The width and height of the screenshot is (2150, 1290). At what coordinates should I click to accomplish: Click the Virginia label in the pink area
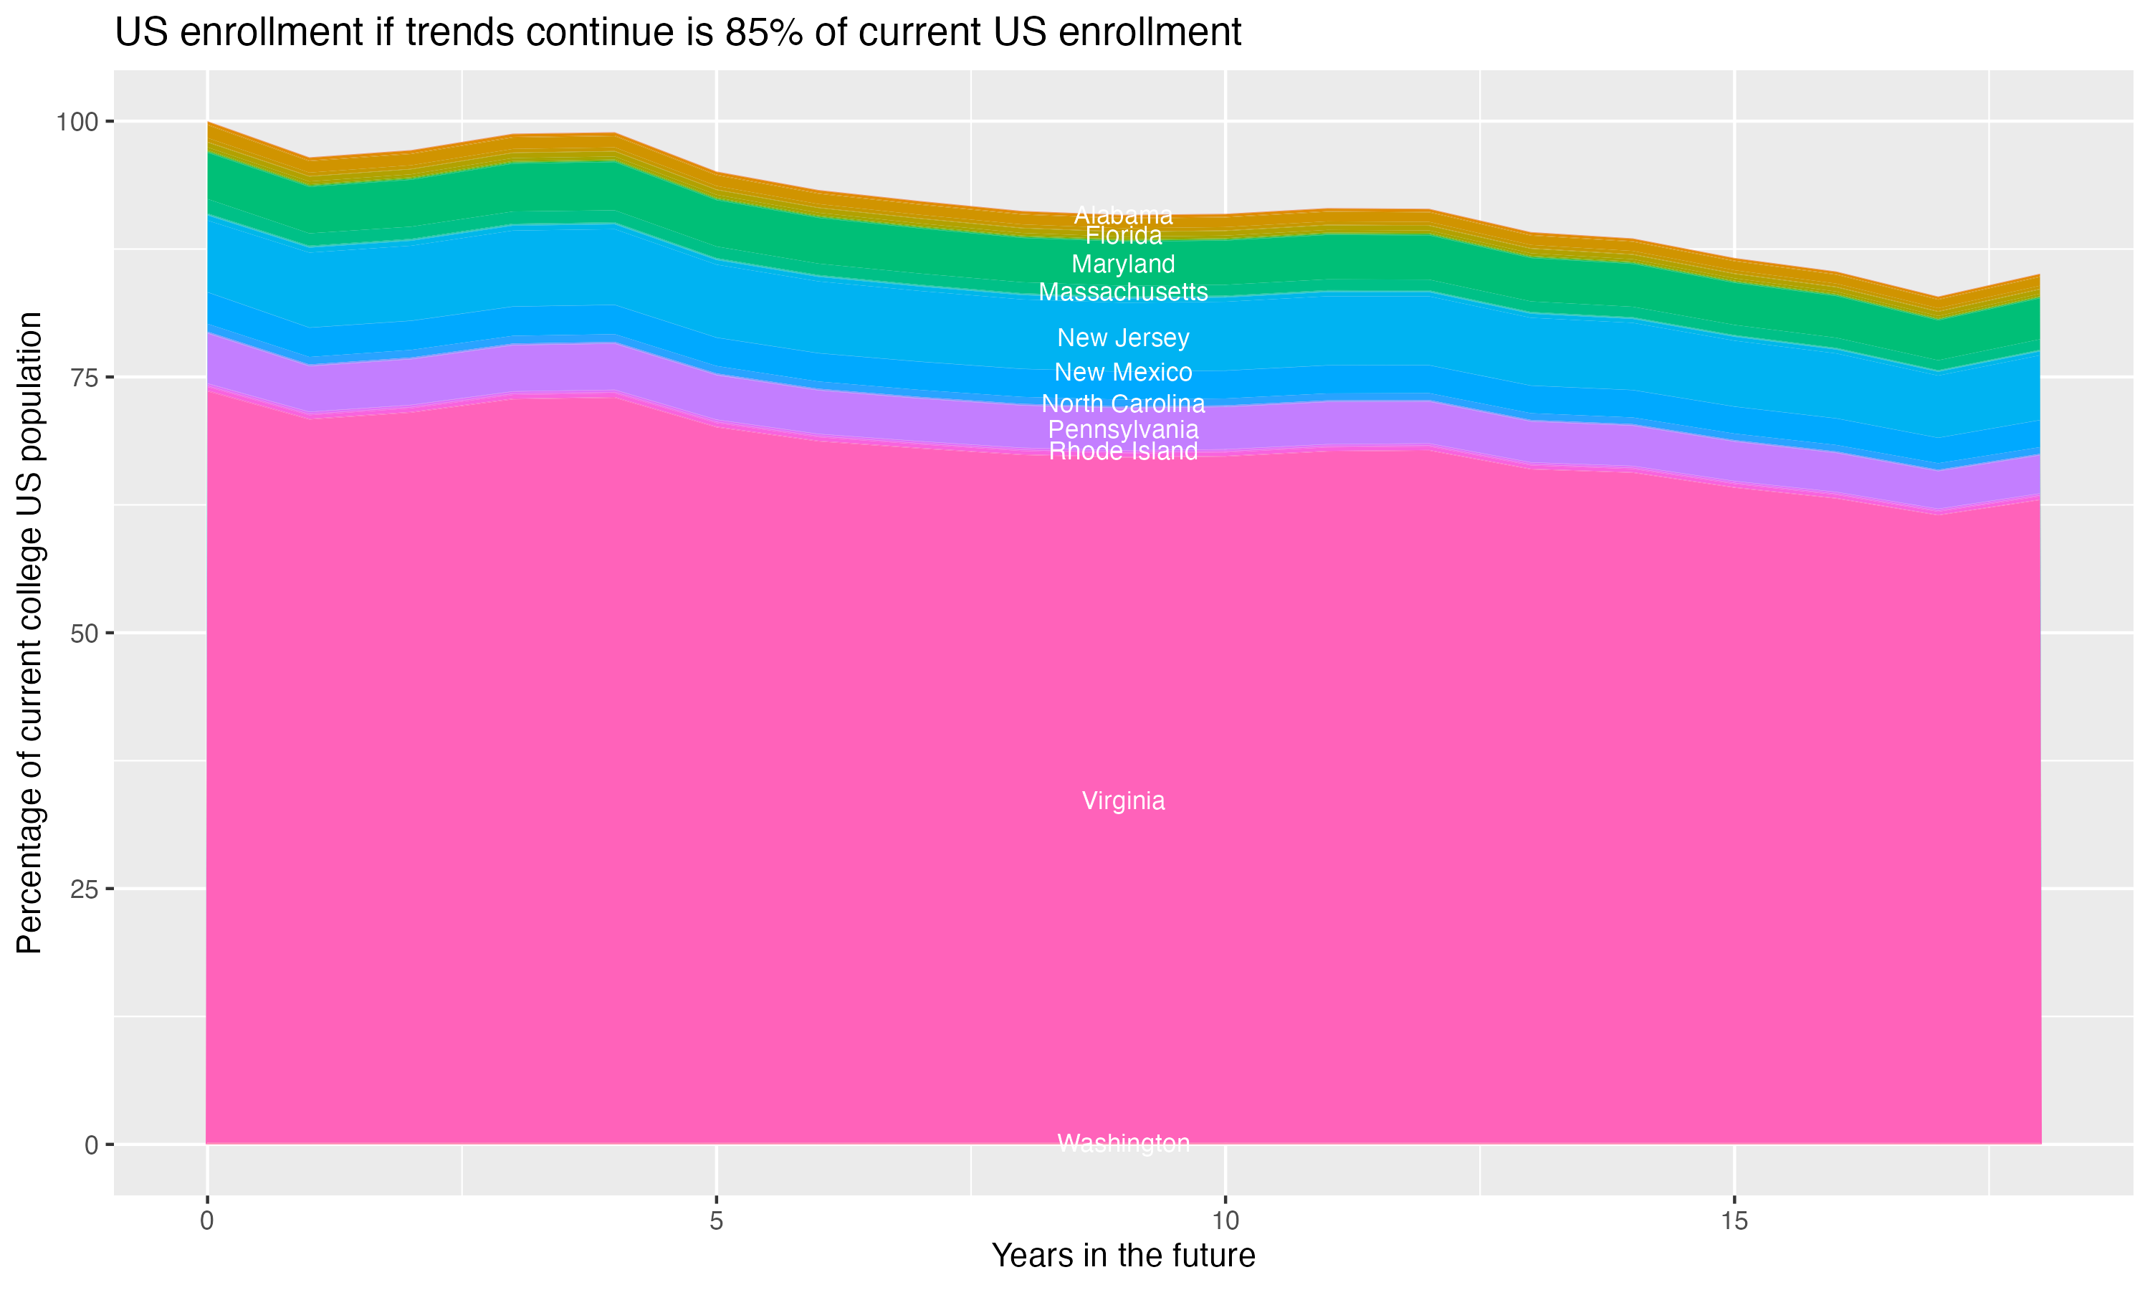click(x=1123, y=801)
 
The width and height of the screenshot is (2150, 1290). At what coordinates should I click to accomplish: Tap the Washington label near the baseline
click(x=1123, y=1143)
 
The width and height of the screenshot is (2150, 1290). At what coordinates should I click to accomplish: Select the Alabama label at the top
click(x=1123, y=215)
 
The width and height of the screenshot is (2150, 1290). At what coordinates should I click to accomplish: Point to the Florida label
click(x=1123, y=236)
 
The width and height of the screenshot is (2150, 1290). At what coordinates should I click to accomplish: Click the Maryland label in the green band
click(x=1123, y=264)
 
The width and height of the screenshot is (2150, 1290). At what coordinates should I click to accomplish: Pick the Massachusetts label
click(x=1123, y=292)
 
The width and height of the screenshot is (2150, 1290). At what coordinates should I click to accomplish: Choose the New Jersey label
click(x=1123, y=338)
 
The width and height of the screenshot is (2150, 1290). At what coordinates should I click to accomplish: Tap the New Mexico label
click(x=1123, y=372)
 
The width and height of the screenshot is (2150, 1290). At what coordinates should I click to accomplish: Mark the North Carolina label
click(x=1123, y=403)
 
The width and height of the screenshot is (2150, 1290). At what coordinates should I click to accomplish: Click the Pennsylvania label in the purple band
click(x=1123, y=429)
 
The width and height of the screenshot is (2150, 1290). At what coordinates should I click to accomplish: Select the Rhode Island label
click(x=1123, y=451)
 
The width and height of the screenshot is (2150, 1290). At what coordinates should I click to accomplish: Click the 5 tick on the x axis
click(x=716, y=1221)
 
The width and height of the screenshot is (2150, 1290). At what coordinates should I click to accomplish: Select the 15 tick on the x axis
click(x=1734, y=1221)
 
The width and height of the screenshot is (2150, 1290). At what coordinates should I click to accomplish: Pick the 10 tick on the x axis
click(x=1225, y=1221)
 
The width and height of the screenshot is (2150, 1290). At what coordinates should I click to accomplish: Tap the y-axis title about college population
click(x=29, y=632)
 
